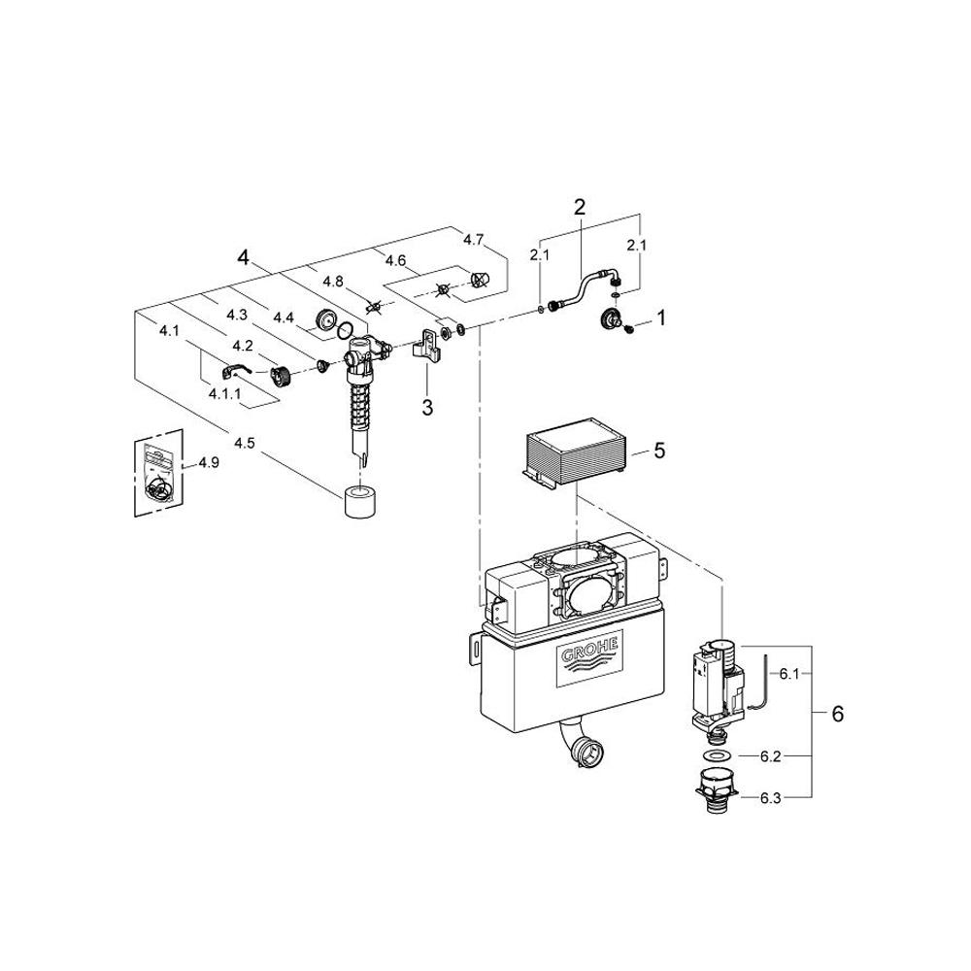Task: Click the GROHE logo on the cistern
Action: pyautogui.click(x=589, y=659)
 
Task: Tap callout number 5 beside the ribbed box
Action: pyautogui.click(x=659, y=451)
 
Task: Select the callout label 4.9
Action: pyautogui.click(x=209, y=462)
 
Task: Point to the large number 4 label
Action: pyautogui.click(x=244, y=257)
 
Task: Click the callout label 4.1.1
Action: pyautogui.click(x=224, y=394)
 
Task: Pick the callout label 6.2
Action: pyautogui.click(x=770, y=756)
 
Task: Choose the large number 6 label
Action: pyautogui.click(x=837, y=714)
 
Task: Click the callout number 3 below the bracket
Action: pyautogui.click(x=427, y=408)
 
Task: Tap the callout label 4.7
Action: pyautogui.click(x=473, y=240)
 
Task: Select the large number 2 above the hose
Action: pyautogui.click(x=579, y=207)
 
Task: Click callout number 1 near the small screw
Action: pyautogui.click(x=661, y=318)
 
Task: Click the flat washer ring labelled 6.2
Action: pyautogui.click(x=718, y=755)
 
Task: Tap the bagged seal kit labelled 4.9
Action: pyautogui.click(x=160, y=473)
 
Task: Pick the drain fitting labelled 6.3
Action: pyautogui.click(x=717, y=788)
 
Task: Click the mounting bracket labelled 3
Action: pyautogui.click(x=427, y=346)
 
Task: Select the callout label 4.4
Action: pyautogui.click(x=284, y=318)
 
